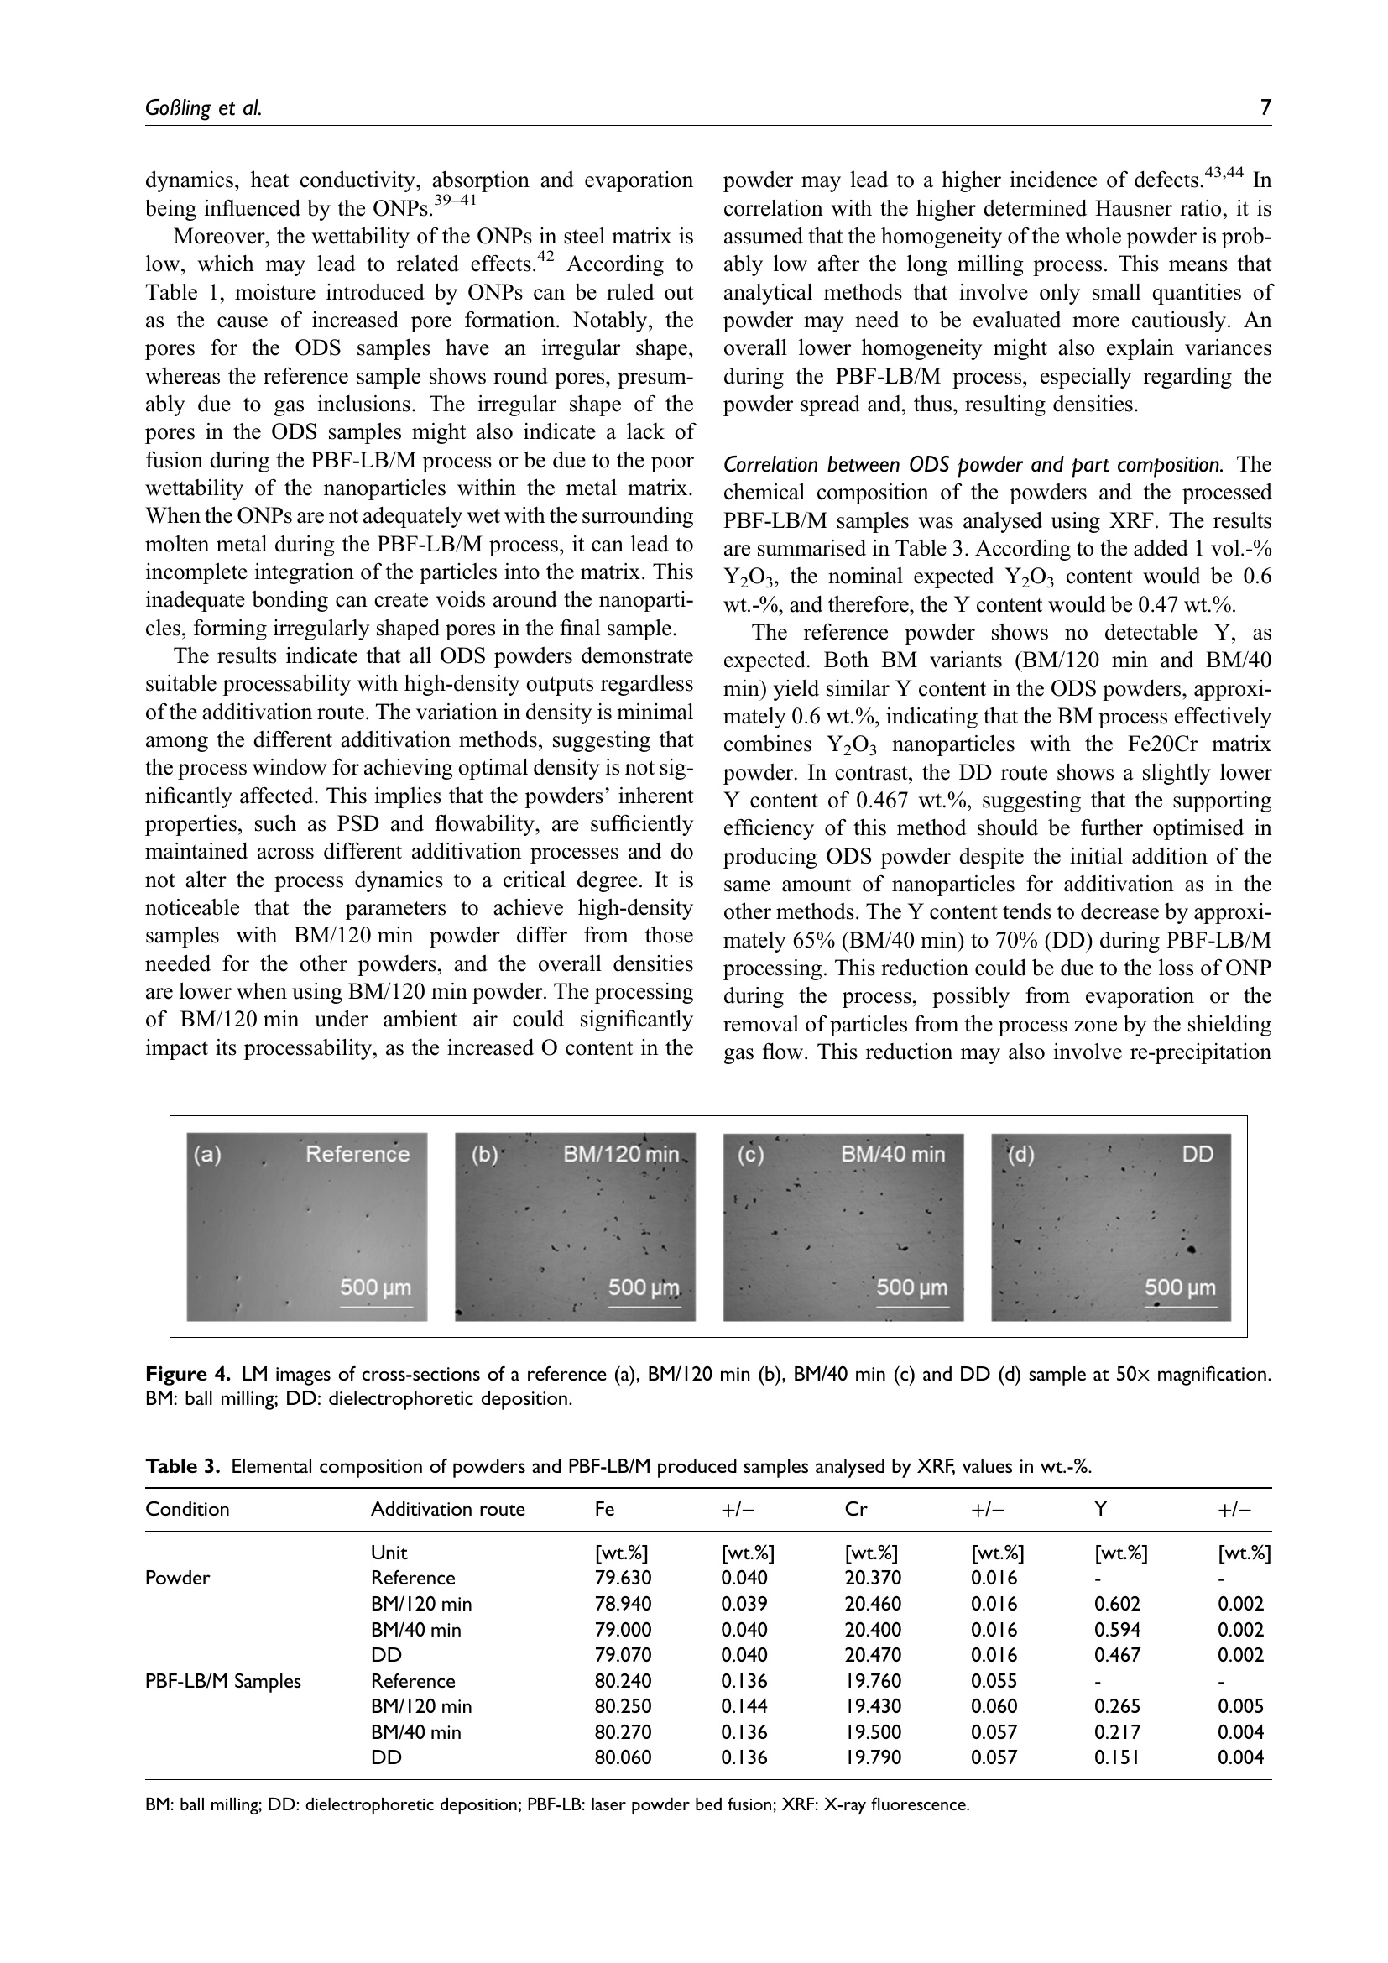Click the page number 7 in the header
click(x=1265, y=107)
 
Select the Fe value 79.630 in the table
click(x=622, y=1578)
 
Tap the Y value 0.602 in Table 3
click(x=1117, y=1603)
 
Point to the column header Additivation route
click(x=448, y=1509)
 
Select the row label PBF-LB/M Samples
click(x=223, y=1681)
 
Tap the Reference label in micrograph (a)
click(x=357, y=1154)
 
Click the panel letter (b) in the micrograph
click(x=484, y=1154)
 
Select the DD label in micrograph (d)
click(x=1198, y=1154)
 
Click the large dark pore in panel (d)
click(x=1191, y=1250)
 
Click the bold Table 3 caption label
click(x=183, y=1467)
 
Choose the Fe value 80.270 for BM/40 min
click(x=622, y=1731)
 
